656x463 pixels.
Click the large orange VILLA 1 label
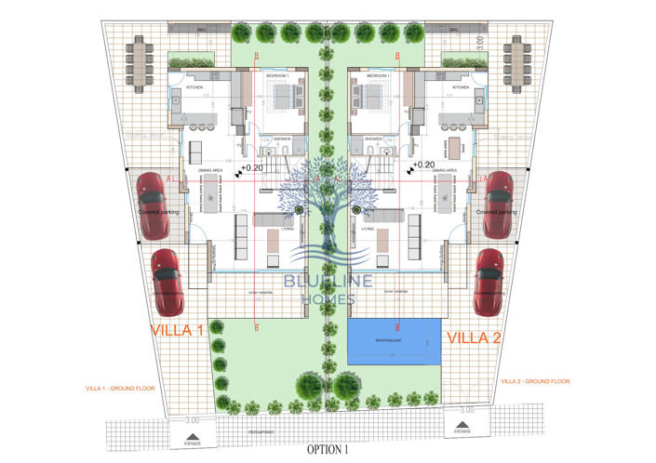click(x=177, y=331)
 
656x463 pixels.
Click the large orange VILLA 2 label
click(x=475, y=337)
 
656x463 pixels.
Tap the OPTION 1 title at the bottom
click(x=328, y=449)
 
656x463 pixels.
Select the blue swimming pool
click(x=395, y=343)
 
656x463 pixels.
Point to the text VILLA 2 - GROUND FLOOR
click(x=535, y=381)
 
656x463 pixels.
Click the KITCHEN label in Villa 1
click(x=194, y=87)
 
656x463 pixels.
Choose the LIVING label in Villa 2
click(x=368, y=228)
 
